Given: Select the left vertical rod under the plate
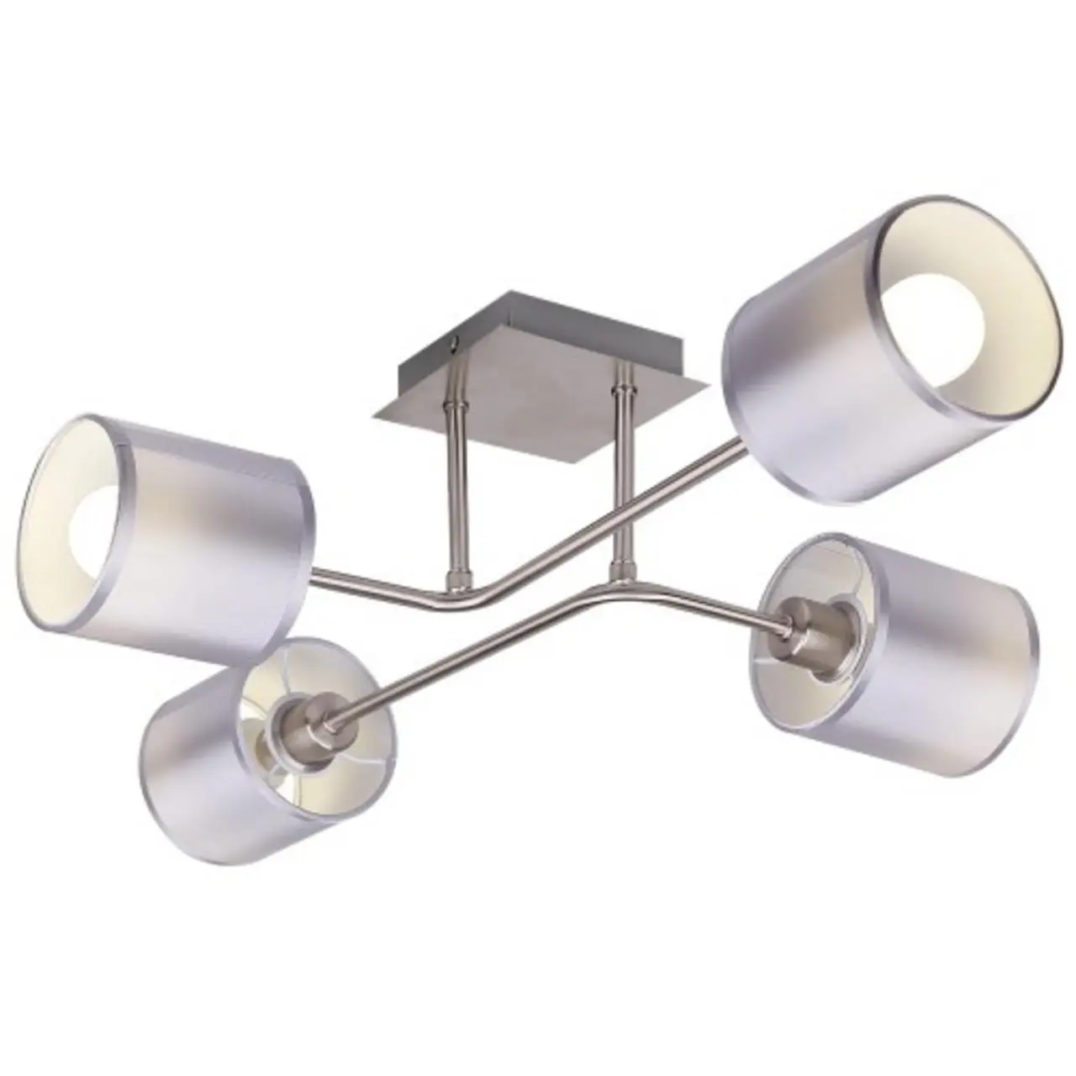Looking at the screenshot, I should tap(455, 488).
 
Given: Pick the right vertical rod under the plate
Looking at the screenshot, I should tap(623, 471).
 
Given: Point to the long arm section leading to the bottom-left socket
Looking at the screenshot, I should tap(471, 656).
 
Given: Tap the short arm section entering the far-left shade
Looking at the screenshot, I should tap(370, 584).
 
